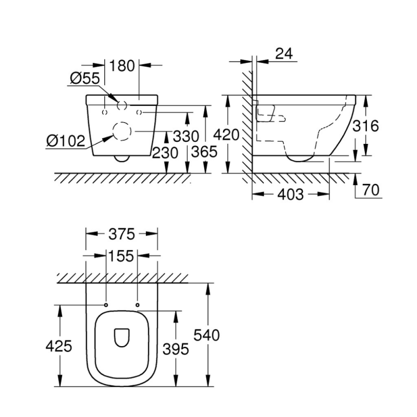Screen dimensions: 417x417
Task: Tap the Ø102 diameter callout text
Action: pyautogui.click(x=65, y=141)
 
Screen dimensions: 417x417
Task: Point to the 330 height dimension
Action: pyautogui.click(x=186, y=137)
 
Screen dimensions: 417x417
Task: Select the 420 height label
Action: pyautogui.click(x=227, y=135)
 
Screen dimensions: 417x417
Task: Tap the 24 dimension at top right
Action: pyautogui.click(x=284, y=53)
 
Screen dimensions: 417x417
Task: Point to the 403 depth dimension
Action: pyautogui.click(x=290, y=194)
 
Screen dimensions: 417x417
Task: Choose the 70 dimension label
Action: pyautogui.click(x=371, y=190)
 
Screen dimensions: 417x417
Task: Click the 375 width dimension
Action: pyautogui.click(x=122, y=234)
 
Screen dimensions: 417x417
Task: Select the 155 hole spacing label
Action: pyautogui.click(x=122, y=256)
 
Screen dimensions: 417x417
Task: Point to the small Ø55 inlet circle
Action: pyautogui.click(x=122, y=105)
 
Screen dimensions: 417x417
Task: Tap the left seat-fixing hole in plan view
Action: pyautogui.click(x=106, y=304)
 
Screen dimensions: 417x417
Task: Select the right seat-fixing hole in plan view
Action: pyautogui.click(x=138, y=304)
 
